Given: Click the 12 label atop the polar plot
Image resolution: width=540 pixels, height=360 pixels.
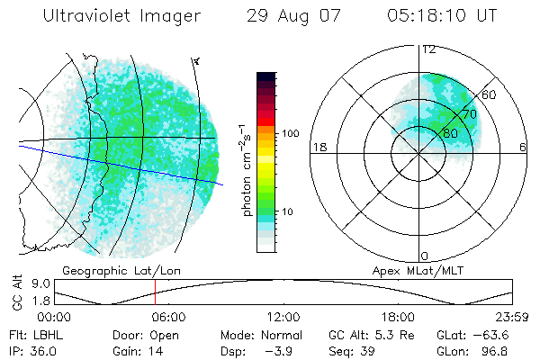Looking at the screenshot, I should click(429, 49).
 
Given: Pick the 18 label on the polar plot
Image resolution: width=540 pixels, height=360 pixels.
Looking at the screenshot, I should click(318, 148).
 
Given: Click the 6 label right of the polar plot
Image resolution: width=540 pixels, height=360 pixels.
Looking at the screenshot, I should click(524, 148).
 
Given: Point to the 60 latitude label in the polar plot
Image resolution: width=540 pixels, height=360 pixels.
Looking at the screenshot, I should click(490, 94).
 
